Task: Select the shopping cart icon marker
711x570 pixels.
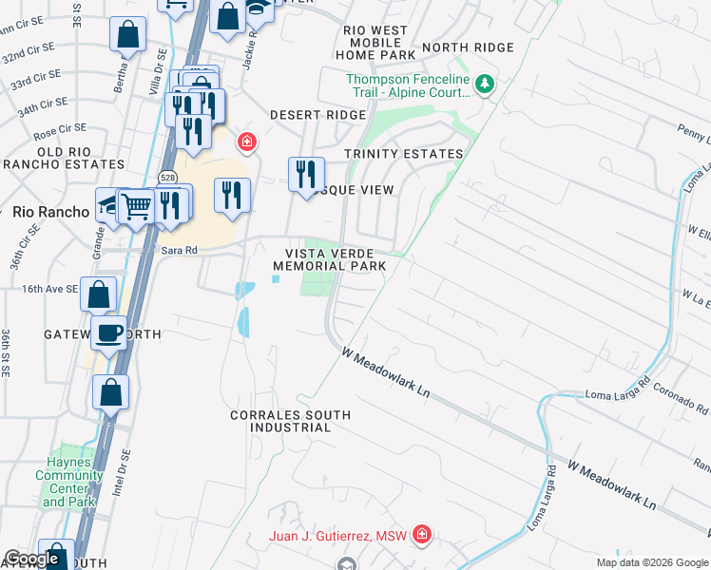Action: coord(138,204)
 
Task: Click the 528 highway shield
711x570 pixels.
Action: coord(167,178)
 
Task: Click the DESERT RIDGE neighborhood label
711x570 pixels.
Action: coord(317,115)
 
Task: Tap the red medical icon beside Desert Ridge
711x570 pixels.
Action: coord(246,142)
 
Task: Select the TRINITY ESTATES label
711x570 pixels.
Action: coord(404,154)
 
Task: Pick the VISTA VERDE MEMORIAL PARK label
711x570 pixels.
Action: coord(336,259)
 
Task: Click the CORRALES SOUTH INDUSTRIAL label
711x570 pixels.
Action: coord(291,422)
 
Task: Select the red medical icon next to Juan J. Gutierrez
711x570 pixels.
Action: coord(421,537)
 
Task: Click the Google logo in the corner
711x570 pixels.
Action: coord(31,559)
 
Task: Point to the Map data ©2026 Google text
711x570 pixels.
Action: coord(653,562)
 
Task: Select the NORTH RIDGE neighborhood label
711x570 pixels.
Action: coord(468,47)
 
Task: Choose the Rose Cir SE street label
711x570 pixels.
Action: coord(59,135)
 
